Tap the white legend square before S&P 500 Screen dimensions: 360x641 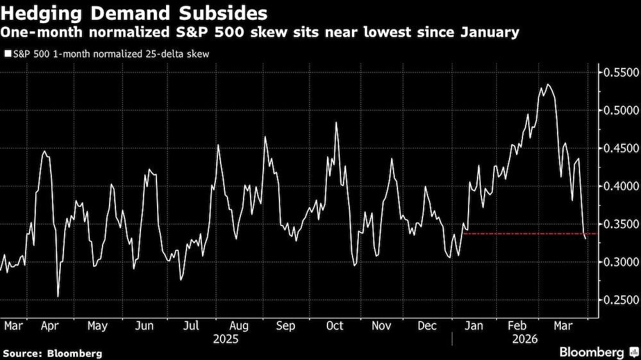(x=7, y=54)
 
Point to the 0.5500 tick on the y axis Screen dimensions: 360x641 (x=619, y=73)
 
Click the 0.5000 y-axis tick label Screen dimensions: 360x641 (x=619, y=111)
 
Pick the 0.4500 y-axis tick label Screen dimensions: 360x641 (x=619, y=149)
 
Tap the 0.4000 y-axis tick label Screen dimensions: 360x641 (x=619, y=186)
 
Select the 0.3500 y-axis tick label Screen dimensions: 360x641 (x=619, y=224)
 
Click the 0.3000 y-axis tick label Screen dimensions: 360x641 (x=619, y=262)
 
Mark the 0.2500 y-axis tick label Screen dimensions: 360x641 (x=619, y=300)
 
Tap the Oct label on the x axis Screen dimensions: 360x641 (x=334, y=325)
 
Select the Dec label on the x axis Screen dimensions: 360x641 (x=428, y=325)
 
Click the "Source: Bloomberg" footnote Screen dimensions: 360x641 (x=53, y=353)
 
